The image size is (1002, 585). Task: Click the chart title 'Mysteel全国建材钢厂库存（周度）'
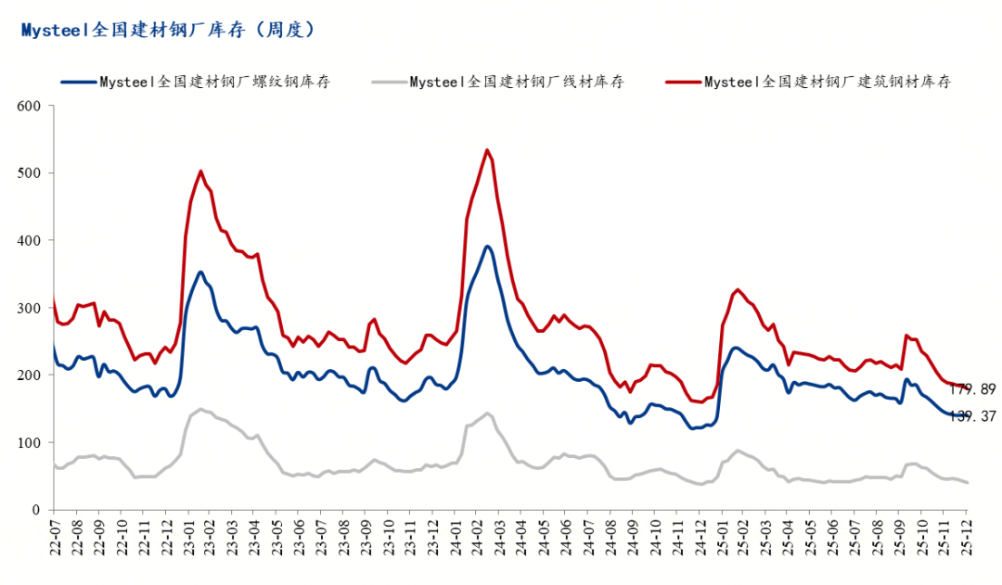coord(168,31)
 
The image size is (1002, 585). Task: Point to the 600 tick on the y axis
coord(30,106)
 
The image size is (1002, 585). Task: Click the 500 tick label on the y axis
coord(30,173)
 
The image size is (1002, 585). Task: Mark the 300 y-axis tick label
coord(30,308)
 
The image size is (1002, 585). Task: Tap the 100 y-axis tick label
coord(30,442)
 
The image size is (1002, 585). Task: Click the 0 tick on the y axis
coord(37,510)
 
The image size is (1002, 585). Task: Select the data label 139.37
coord(974,417)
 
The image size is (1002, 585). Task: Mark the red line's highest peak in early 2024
coord(487,149)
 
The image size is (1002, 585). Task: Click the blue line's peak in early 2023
coord(200,272)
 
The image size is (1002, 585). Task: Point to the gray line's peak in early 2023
coord(200,409)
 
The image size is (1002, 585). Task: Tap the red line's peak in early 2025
coord(738,289)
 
